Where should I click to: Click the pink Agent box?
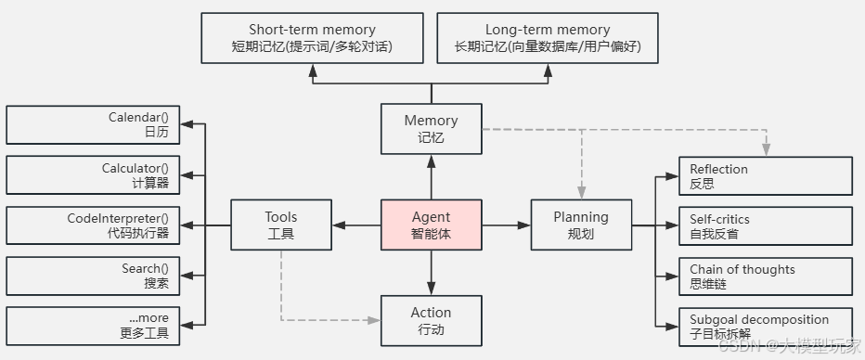click(432, 225)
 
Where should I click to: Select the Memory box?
click(432, 129)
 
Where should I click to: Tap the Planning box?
click(581, 225)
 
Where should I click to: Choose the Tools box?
click(280, 225)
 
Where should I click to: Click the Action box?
click(432, 320)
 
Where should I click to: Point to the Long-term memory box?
click(548, 38)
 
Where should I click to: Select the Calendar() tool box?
click(93, 125)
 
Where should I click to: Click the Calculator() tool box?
click(93, 175)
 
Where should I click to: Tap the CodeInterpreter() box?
click(93, 225)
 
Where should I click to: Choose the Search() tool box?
click(93, 276)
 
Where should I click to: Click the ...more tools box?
click(93, 326)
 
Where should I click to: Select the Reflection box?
click(766, 176)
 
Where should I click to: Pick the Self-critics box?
click(766, 225)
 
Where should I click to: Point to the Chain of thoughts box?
click(766, 276)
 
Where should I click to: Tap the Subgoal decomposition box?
click(766, 326)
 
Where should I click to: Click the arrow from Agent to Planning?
click(507, 225)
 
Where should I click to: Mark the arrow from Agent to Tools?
click(356, 225)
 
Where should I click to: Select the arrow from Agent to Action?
click(432, 273)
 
